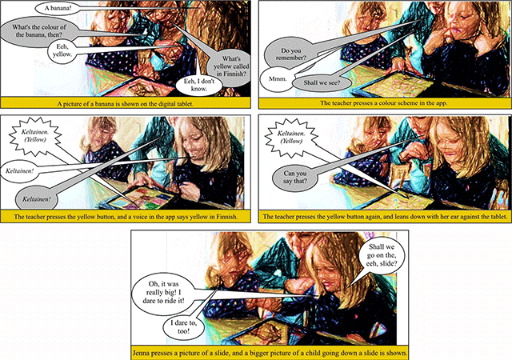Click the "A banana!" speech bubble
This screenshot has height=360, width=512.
click(58, 9)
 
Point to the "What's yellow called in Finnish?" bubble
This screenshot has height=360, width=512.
click(230, 66)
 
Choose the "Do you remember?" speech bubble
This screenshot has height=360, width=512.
click(290, 54)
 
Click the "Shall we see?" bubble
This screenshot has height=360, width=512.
click(322, 82)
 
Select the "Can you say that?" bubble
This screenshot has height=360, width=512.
click(295, 177)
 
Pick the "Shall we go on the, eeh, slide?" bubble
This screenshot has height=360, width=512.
click(381, 255)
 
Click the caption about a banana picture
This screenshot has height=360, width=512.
click(126, 104)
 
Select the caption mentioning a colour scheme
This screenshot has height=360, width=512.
click(384, 103)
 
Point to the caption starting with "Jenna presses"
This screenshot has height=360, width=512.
click(270, 353)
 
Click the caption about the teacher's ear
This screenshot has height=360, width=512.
click(385, 217)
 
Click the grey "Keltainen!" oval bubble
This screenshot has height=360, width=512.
click(37, 198)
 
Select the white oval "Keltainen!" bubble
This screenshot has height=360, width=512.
click(19, 170)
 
